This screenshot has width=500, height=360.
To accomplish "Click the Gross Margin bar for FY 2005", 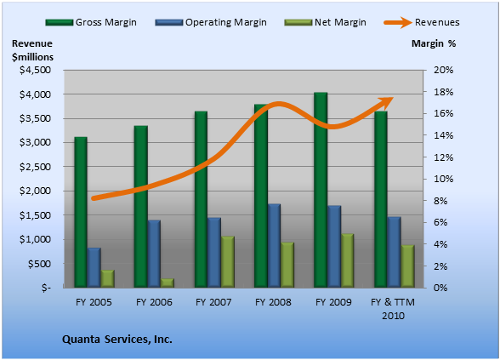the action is [81, 212].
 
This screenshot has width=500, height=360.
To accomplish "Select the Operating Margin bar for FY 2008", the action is [274, 246].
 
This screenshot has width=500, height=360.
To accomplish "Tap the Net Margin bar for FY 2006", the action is [168, 283].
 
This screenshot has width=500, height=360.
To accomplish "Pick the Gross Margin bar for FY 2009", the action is [321, 190].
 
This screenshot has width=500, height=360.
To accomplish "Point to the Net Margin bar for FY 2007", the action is [228, 262].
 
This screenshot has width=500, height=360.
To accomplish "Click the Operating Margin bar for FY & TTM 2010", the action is [395, 252].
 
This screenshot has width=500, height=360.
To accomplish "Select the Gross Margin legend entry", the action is [91, 22].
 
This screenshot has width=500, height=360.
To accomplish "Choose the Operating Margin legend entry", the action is [211, 22].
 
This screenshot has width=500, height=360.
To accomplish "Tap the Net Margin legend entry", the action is [325, 22].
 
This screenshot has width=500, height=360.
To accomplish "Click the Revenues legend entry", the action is [422, 22].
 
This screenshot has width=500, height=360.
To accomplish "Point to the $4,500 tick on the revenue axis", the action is [36, 70].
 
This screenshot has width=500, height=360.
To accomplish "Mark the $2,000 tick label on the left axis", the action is [36, 191].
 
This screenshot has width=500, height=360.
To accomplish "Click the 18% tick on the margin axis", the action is [443, 92].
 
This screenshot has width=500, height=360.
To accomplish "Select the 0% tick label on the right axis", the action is [440, 288].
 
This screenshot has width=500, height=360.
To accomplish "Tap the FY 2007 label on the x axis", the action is [213, 302].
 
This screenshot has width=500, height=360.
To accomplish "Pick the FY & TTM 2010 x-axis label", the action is [393, 309].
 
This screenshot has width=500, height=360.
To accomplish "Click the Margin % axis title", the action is [434, 43].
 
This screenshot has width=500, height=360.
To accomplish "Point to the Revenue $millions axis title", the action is [32, 50].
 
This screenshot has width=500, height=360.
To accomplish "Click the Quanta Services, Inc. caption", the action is [117, 339].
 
